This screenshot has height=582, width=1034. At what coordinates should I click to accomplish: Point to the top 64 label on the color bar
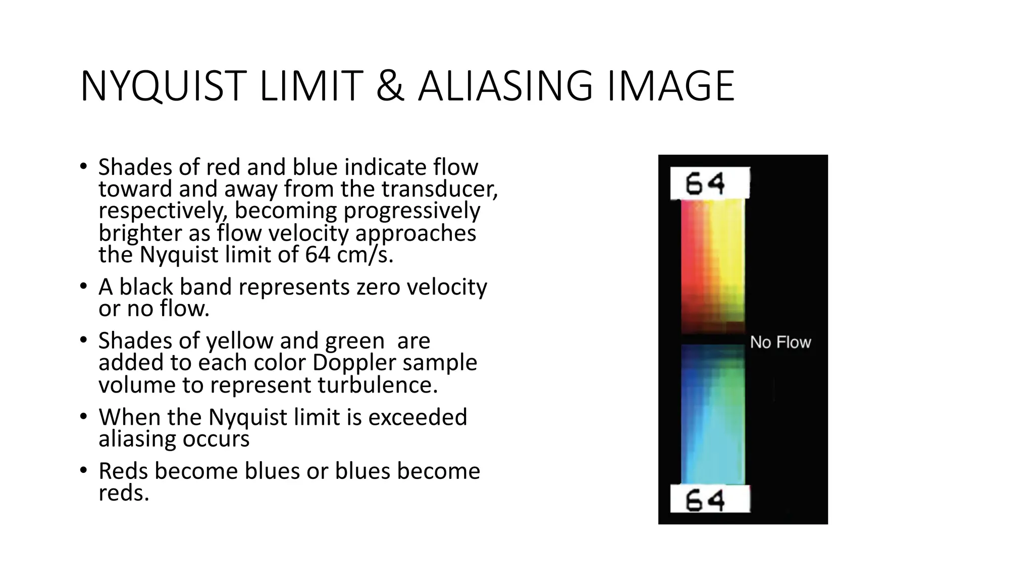705,183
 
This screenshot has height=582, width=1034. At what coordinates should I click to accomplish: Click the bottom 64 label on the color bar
705,500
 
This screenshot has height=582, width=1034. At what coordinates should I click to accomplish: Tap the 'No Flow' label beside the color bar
780,342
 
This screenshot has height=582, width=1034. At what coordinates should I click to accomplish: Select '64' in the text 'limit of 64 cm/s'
318,254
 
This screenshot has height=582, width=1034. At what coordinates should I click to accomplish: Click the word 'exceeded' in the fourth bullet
418,417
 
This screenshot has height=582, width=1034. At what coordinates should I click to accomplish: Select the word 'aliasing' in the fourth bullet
137,439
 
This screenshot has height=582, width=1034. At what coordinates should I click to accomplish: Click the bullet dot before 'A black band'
83,286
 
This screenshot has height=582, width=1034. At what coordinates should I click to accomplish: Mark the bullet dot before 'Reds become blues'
83,470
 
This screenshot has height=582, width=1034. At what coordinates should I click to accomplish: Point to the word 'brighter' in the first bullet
140,233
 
